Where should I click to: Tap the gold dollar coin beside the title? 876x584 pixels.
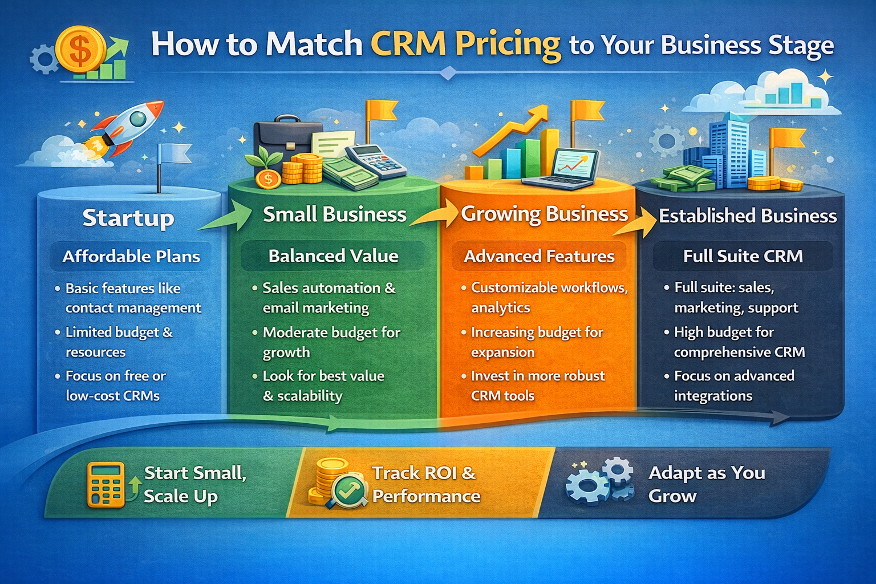[80, 50]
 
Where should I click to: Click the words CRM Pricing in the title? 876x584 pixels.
[465, 44]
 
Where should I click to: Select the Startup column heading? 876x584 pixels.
[128, 218]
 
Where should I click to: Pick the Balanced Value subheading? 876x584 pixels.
[333, 256]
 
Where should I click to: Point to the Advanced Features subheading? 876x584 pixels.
[539, 256]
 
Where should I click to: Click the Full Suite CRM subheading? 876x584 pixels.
[743, 256]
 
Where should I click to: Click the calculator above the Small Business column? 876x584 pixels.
[375, 160]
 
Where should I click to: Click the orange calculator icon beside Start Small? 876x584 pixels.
[106, 485]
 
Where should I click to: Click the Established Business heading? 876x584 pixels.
[748, 216]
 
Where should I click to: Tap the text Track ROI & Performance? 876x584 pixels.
[425, 484]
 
